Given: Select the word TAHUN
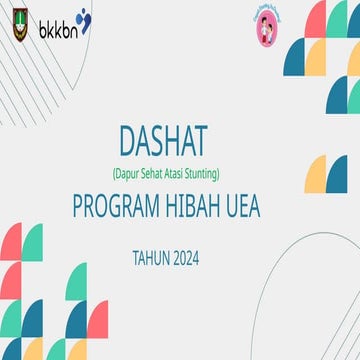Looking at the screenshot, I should pos(150,258).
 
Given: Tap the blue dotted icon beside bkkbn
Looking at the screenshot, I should pos(82,20).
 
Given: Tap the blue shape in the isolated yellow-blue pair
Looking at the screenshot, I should pos(338,172).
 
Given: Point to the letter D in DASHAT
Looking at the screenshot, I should pos(127,143).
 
